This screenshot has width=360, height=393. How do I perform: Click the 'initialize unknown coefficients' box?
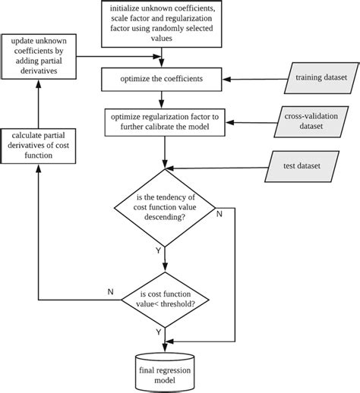coord(160,23)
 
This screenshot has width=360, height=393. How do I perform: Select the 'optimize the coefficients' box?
coord(160,77)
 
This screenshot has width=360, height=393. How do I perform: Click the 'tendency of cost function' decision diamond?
coord(165,206)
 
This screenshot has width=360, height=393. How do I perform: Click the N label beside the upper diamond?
coord(220,215)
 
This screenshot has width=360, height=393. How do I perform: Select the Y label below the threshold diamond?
coord(158,332)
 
